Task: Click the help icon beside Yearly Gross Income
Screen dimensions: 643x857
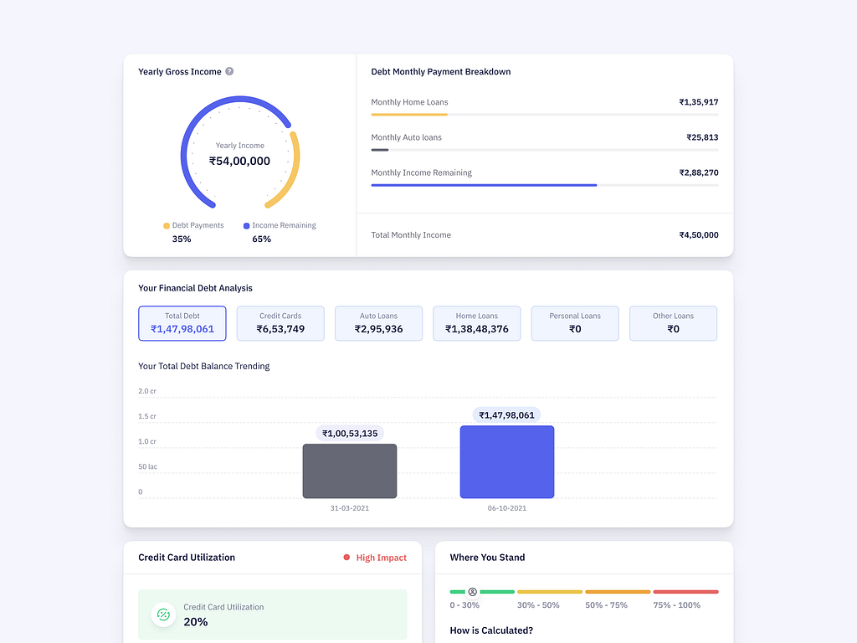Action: (x=229, y=71)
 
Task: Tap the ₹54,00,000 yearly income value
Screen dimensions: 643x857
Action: (x=239, y=161)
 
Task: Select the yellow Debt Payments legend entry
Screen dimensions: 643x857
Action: (x=193, y=225)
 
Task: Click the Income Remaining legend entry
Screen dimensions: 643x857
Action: (x=280, y=225)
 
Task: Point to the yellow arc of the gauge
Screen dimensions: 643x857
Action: (x=289, y=172)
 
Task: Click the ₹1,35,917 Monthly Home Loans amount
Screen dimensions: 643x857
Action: (x=698, y=102)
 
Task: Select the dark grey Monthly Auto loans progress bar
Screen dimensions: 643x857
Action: (x=380, y=150)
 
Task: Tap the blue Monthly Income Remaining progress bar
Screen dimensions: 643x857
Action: (x=484, y=185)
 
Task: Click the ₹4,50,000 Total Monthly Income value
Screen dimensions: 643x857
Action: (x=698, y=235)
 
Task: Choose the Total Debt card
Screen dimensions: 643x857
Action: (x=182, y=323)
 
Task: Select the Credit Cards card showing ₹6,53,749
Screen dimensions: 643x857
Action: (x=280, y=323)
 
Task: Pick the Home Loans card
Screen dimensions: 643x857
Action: (x=476, y=323)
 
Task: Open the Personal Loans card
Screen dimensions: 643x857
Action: (x=575, y=323)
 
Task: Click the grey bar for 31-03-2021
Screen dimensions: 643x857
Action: (x=350, y=471)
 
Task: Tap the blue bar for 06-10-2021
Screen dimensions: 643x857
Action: (x=506, y=462)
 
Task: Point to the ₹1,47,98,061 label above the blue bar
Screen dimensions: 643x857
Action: (x=506, y=415)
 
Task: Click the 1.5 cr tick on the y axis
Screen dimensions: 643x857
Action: (x=146, y=416)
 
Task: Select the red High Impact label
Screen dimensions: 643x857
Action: (x=381, y=558)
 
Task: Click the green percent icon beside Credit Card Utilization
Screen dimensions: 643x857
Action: (x=163, y=615)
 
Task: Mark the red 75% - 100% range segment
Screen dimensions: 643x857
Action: (x=685, y=592)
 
